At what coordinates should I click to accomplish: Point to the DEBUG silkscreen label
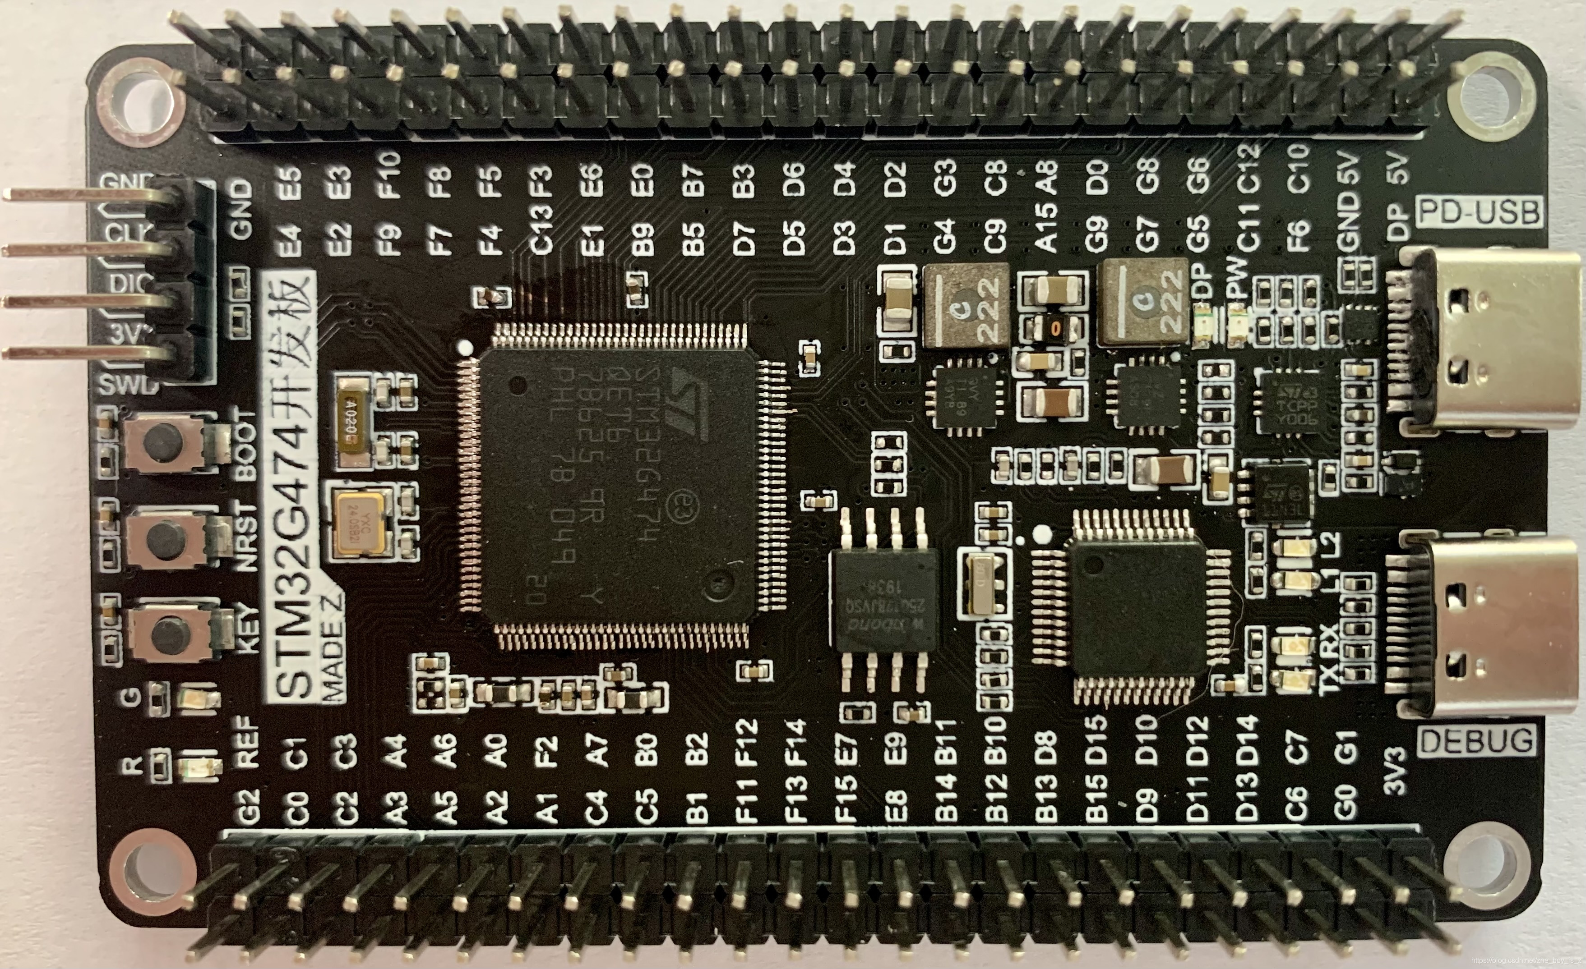coord(1476,742)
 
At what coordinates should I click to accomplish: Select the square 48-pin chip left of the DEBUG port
coord(1136,608)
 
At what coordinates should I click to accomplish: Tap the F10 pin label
coord(390,175)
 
